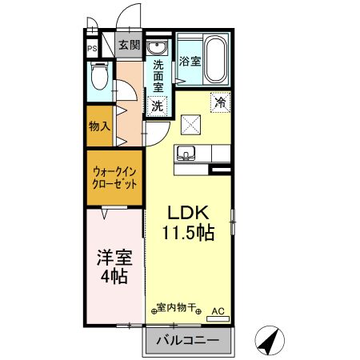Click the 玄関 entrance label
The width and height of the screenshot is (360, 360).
(128, 45)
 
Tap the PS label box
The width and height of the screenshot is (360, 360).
(93, 47)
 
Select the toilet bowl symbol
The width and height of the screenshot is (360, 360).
(98, 78)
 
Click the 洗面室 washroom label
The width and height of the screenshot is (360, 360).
(158, 74)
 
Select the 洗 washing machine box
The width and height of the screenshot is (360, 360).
(158, 105)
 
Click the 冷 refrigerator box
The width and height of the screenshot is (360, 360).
(218, 102)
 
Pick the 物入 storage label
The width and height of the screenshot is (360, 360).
(100, 127)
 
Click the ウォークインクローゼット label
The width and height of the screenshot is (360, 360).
(114, 176)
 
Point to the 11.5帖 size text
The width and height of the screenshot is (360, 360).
(189, 234)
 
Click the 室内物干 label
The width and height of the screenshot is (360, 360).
(176, 308)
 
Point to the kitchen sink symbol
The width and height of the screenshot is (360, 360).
(190, 154)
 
